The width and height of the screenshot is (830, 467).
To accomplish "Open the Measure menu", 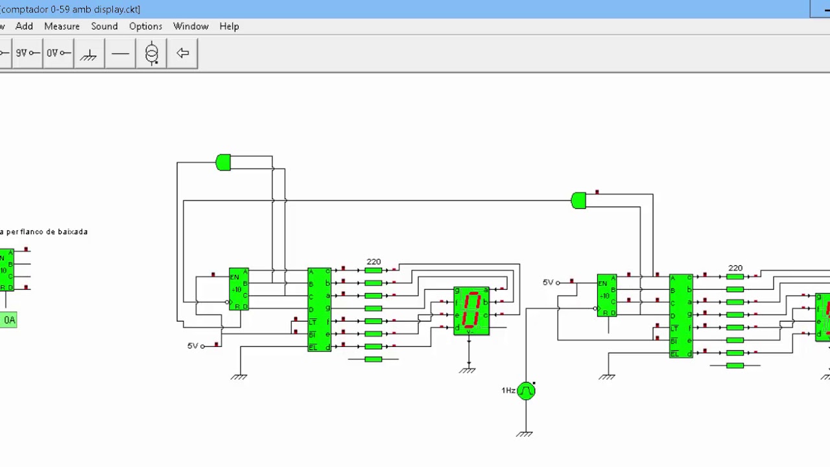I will pos(62,26).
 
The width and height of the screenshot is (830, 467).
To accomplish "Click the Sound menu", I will pos(104,26).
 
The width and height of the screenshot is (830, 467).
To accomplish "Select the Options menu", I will pos(145,26).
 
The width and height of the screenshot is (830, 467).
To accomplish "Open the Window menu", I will pos(191,26).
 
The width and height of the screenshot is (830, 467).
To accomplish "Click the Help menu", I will pos(229,26).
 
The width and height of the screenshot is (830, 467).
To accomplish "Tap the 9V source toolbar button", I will pos(27,53).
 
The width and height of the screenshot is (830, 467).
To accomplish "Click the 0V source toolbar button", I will pos(58,53).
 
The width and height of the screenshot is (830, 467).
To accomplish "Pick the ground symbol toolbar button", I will pos(89,53).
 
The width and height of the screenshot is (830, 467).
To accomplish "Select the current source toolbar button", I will pos(151,53).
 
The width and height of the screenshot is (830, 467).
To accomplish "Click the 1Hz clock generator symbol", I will pos(526,390).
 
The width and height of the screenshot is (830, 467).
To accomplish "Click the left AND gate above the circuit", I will pos(223,162).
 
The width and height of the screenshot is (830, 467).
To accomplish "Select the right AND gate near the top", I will pos(578,200).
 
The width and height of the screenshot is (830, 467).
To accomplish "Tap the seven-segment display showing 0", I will pos(471,311).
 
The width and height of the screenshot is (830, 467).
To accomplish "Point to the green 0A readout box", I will pos(8,320).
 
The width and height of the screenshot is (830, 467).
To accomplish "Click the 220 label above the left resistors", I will pos(373,261).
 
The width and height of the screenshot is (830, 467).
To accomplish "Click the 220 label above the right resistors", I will pos(735,268).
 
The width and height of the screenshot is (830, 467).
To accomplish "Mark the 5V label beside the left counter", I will pos(193,346).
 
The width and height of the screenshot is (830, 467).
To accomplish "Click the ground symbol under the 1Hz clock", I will pos(525,433).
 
